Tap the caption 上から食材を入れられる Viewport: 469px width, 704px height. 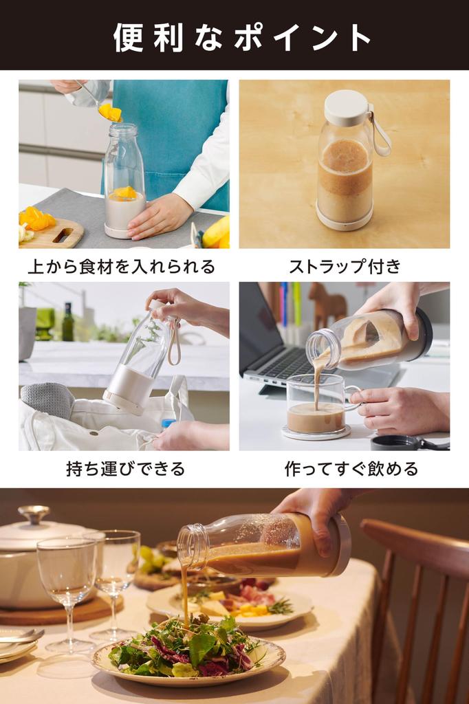122,266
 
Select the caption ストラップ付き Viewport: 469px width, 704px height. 344,266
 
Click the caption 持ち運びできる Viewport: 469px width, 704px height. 125,469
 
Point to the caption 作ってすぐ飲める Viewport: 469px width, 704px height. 351,469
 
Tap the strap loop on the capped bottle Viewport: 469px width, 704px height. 380,134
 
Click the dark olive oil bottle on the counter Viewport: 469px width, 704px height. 67,322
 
